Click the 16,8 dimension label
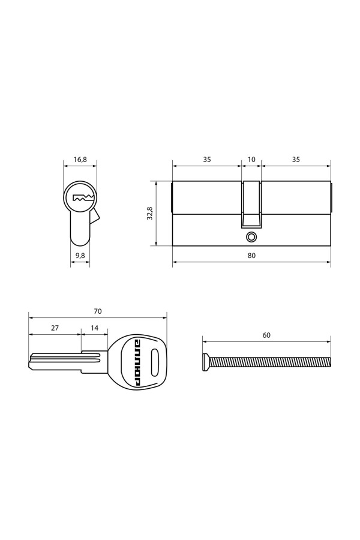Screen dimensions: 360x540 click(80, 160)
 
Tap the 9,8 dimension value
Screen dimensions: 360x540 click(80, 256)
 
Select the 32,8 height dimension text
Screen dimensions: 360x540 click(149, 214)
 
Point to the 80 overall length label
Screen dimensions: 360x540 click(251, 256)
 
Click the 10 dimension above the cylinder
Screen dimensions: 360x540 click(251, 160)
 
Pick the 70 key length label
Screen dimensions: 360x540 click(98, 311)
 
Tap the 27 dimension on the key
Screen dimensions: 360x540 click(55, 328)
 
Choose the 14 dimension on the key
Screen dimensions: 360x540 click(94, 328)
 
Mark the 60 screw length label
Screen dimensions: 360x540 click(266, 335)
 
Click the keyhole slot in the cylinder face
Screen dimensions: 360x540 click(83, 198)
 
